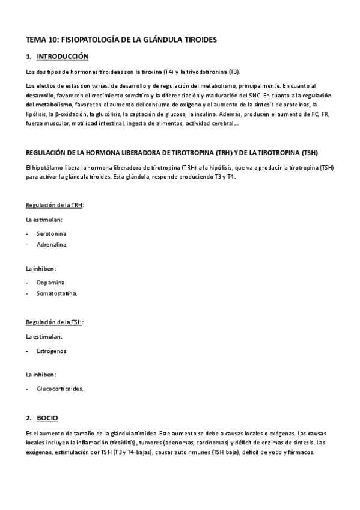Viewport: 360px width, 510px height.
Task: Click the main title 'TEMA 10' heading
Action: [x=121, y=39]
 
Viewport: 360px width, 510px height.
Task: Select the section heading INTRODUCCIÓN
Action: [x=63, y=57]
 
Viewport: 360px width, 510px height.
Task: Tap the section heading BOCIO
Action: [x=47, y=417]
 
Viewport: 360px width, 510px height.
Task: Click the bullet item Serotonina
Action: [x=52, y=233]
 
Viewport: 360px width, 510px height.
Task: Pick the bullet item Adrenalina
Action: [x=52, y=245]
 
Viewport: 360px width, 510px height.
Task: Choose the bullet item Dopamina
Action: [x=51, y=282]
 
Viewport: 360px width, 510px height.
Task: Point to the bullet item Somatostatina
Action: [x=56, y=293]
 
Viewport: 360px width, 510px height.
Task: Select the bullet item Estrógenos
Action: [x=52, y=351]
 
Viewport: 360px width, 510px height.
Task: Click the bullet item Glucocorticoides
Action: [x=60, y=388]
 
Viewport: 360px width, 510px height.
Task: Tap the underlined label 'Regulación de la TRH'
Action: [x=55, y=205]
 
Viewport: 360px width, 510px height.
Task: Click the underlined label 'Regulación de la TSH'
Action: [x=55, y=322]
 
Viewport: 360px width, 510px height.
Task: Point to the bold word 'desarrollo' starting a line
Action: [x=40, y=96]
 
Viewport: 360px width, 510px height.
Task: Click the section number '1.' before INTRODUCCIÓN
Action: [x=29, y=57]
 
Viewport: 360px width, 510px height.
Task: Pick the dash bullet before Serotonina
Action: [x=28, y=233]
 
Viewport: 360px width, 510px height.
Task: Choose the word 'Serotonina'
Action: [x=52, y=233]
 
